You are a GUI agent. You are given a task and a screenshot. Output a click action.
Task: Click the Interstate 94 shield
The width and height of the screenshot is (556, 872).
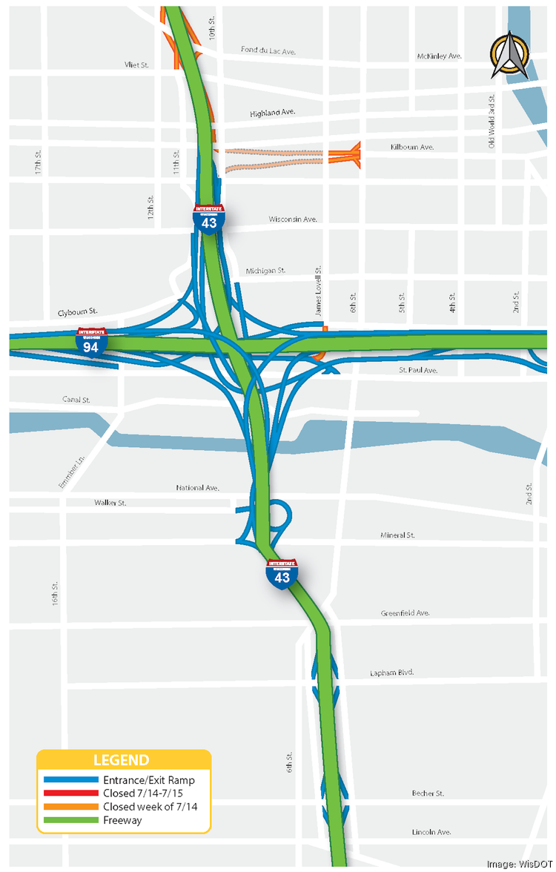tap(91, 343)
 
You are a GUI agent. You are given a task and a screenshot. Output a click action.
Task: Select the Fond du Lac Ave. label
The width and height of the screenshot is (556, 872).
tap(268, 50)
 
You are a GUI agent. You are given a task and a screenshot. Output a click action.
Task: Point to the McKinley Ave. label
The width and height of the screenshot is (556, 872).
tap(440, 56)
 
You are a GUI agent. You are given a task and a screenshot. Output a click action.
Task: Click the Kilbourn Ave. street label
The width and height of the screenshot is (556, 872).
tap(412, 148)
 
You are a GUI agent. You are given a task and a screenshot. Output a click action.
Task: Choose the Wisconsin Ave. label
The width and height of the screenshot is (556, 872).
tap(293, 219)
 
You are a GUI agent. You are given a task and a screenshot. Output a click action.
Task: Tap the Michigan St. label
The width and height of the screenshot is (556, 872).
tap(266, 271)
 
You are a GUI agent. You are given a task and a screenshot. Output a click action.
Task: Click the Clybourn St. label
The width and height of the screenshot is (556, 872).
tap(78, 312)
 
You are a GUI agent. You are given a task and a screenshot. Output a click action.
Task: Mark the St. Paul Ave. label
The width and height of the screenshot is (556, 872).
tap(418, 370)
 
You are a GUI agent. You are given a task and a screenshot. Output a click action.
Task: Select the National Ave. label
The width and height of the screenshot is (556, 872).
tap(198, 487)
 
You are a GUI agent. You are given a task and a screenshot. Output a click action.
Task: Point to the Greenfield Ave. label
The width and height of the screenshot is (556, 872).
tap(405, 613)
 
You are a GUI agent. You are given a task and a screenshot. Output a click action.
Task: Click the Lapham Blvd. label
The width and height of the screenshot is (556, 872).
tap(391, 673)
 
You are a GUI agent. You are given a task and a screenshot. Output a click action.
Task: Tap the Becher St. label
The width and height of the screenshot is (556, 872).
tap(428, 793)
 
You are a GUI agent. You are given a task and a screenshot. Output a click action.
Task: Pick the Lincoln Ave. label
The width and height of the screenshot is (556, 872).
tap(431, 832)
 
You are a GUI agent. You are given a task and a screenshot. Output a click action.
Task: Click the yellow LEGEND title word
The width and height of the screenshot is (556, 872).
tap(121, 760)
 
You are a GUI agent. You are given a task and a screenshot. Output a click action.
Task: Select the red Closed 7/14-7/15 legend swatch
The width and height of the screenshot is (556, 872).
tap(70, 793)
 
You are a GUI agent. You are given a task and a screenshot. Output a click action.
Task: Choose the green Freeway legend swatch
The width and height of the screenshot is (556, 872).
tap(70, 819)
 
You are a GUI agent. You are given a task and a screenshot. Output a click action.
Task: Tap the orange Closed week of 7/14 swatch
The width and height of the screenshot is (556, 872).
tap(70, 806)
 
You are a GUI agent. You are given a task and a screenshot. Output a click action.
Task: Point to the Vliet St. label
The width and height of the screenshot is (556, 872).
tap(137, 65)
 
